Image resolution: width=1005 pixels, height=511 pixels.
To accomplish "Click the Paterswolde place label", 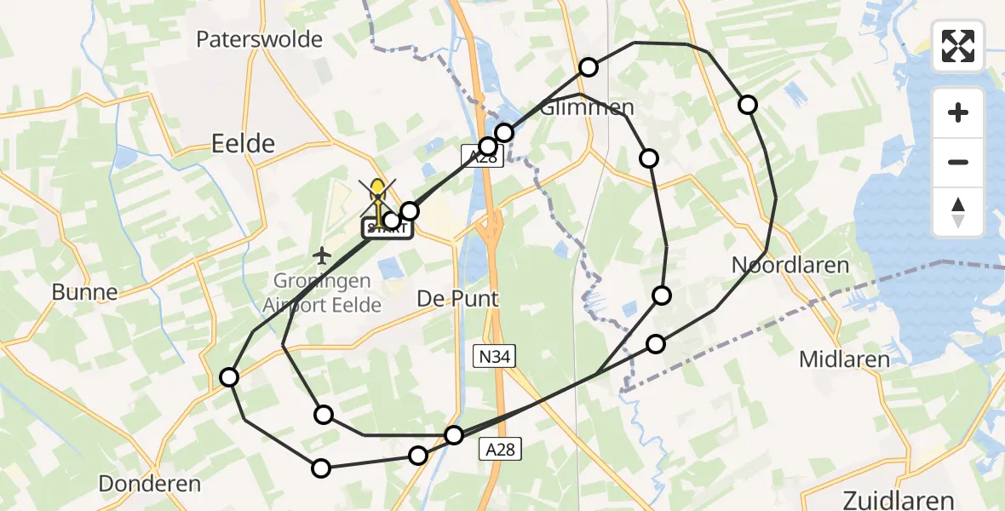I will click(x=259, y=39).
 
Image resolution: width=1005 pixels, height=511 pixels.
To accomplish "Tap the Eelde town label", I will click(x=243, y=143).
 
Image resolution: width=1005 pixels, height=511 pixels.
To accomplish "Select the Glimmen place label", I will click(x=588, y=108).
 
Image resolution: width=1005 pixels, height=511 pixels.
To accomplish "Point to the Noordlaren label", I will click(x=790, y=265).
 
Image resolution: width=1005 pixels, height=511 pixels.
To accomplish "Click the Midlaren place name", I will click(x=844, y=359).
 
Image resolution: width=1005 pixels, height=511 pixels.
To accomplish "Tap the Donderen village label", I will click(x=150, y=484).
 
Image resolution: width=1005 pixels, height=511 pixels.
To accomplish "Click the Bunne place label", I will click(x=84, y=292).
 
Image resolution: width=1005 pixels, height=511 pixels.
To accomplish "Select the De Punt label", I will click(x=457, y=299).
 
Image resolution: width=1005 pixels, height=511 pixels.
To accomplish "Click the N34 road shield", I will click(x=495, y=357).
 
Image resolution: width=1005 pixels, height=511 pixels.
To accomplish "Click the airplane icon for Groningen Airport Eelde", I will click(x=322, y=255).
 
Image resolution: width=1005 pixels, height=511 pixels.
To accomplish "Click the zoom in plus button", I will click(x=958, y=112).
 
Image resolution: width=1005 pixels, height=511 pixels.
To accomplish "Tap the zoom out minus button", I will click(x=958, y=162).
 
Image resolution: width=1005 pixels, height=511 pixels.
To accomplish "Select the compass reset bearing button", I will click(x=958, y=212).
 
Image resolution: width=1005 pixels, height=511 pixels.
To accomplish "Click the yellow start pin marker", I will click(x=377, y=198).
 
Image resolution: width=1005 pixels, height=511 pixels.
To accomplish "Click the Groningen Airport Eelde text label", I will click(x=322, y=292).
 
